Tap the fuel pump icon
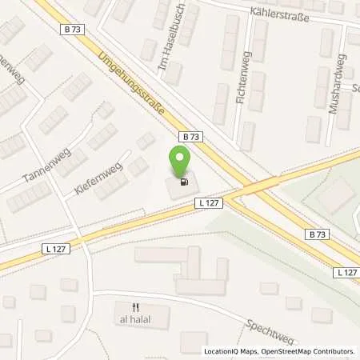[x=185, y=182]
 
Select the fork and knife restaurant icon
[x=137, y=306]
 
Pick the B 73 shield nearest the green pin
[x=186, y=137]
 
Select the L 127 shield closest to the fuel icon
[x=206, y=204]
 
